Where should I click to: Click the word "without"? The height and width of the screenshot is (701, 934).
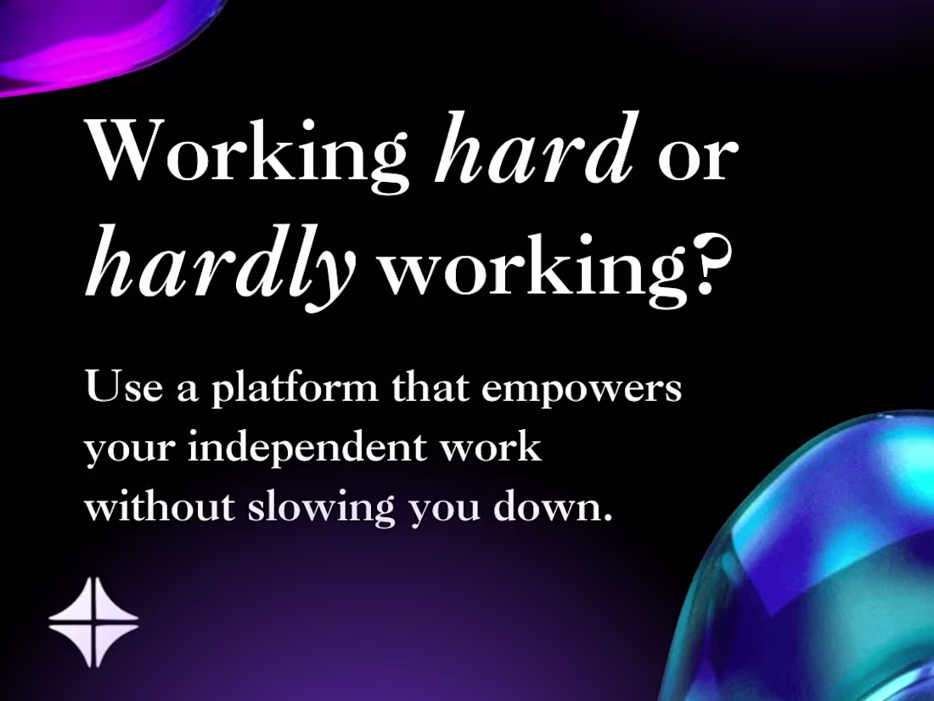tap(159, 506)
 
